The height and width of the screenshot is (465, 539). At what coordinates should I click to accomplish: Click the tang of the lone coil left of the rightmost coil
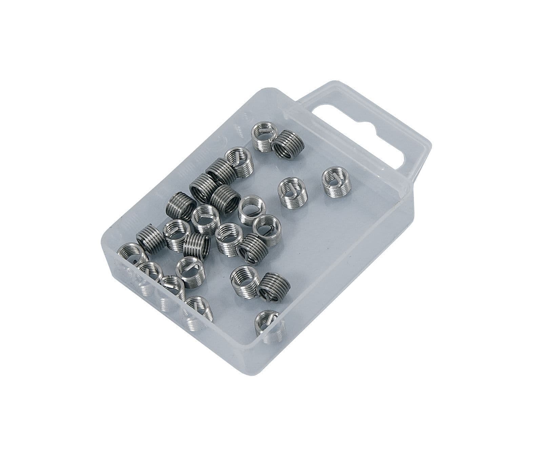coord(291,188)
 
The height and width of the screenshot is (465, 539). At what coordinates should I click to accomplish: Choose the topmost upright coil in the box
coord(263,138)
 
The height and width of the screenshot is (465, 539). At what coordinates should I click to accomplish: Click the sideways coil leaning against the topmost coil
coord(289,144)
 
